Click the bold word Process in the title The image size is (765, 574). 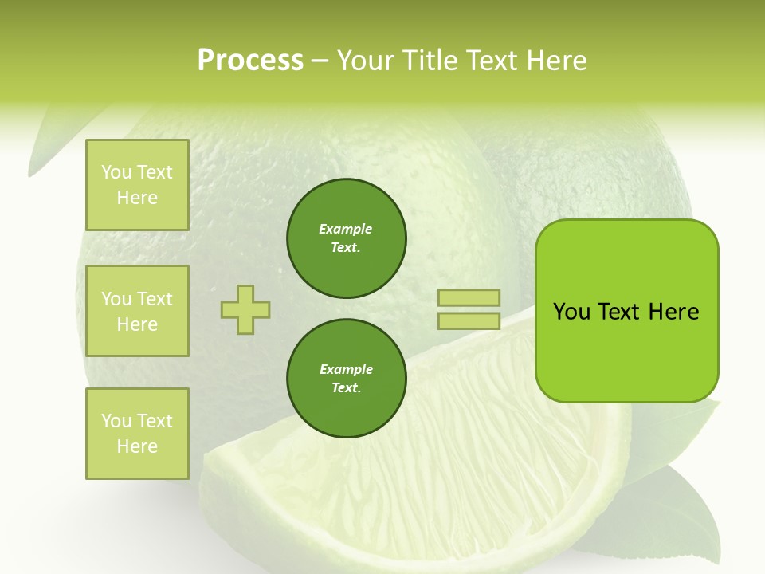pos(250,61)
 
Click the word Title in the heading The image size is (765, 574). pos(430,61)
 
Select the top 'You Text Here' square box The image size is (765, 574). pos(137,185)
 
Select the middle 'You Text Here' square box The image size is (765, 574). pos(137,311)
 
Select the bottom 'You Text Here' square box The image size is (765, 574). pos(137,434)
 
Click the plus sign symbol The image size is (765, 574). pos(245,309)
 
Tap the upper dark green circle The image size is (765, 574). pos(347,238)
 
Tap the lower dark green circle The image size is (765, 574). pos(347,379)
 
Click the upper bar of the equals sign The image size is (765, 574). pos(469,297)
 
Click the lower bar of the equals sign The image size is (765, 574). pos(469,320)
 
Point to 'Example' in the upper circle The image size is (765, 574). pos(346,229)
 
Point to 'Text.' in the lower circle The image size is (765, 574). pos(346,388)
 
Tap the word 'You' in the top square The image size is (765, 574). pos(116,172)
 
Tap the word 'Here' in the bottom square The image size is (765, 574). pos(137,446)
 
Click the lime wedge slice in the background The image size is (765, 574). pos(414,494)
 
